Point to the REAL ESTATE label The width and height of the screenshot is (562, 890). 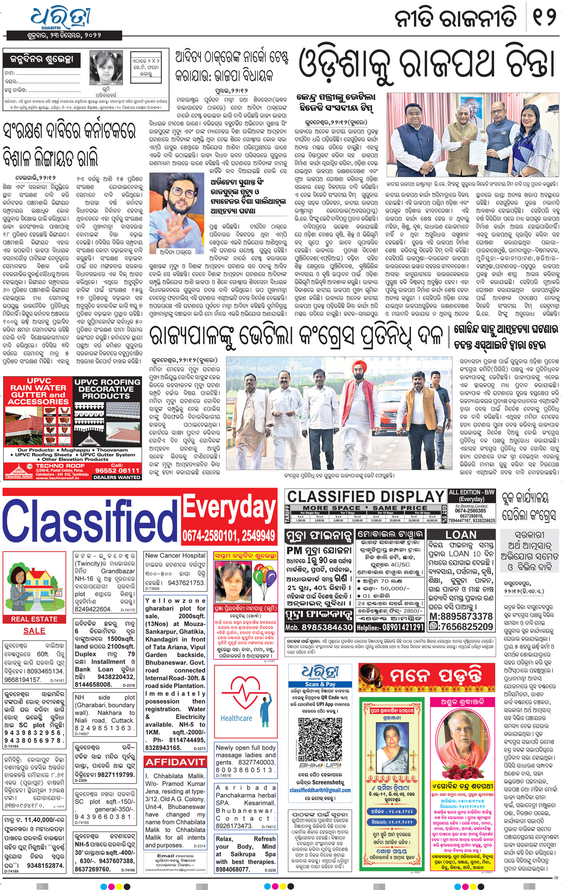pyautogui.click(x=34, y=619)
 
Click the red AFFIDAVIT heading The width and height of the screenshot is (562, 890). pyautogui.click(x=175, y=762)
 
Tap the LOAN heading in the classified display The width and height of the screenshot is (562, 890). pyautogui.click(x=461, y=535)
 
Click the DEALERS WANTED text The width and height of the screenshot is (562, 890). pyautogui.click(x=117, y=477)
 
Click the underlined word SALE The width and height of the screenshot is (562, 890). pyautogui.click(x=34, y=631)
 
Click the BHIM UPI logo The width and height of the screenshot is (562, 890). pyautogui.click(x=320, y=765)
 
